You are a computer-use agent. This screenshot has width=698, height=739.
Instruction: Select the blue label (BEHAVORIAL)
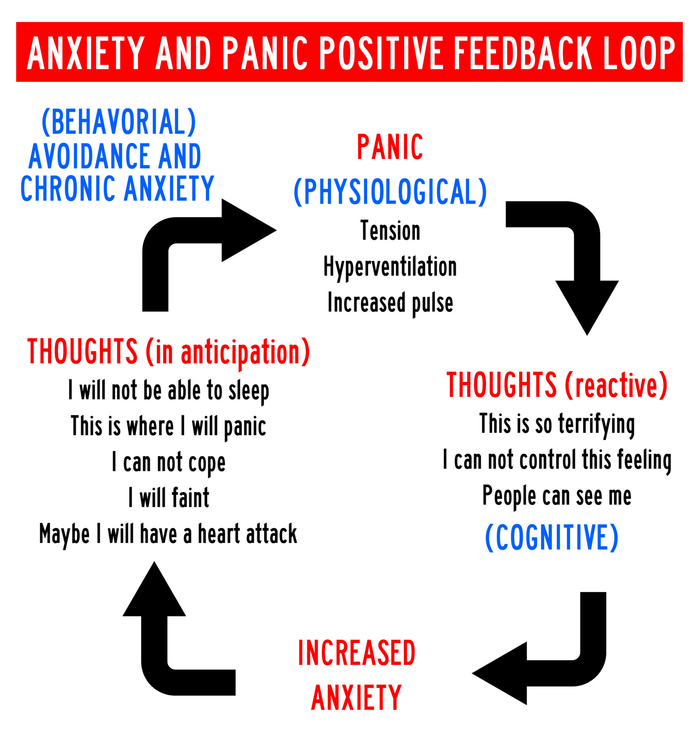(x=119, y=122)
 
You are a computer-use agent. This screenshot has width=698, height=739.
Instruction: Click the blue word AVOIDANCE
(x=89, y=156)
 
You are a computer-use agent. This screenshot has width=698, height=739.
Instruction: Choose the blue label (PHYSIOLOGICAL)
(x=390, y=192)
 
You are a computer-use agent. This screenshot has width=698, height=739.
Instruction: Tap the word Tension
(x=390, y=231)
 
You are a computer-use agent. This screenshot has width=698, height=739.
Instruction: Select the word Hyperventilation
(x=390, y=267)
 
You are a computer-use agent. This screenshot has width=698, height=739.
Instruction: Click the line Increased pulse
(x=390, y=303)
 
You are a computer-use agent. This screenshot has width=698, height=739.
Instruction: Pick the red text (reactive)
(x=616, y=385)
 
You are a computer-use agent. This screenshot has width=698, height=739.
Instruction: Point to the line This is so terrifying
(x=557, y=424)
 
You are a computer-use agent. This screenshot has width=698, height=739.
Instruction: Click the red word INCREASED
(x=356, y=653)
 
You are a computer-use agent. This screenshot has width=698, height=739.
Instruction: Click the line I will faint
(x=169, y=498)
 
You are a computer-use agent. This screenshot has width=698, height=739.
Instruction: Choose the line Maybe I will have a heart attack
(x=168, y=534)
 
